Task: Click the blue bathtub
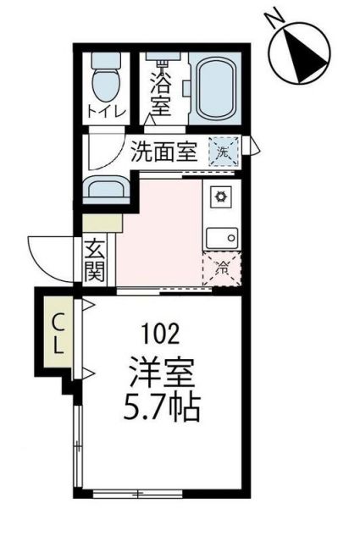click(216, 87)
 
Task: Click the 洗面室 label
click(163, 152)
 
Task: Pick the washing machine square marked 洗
click(224, 152)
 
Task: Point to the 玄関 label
click(94, 263)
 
